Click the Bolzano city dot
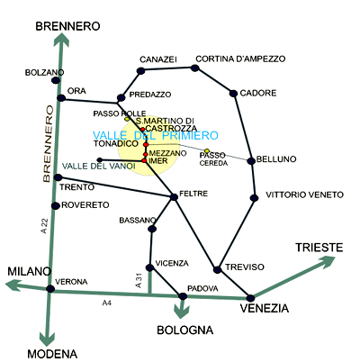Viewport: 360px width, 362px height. (x=56, y=80)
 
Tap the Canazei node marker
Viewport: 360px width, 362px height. (x=140, y=71)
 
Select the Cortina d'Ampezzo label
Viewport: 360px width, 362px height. (x=240, y=59)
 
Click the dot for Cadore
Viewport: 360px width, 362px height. (x=233, y=94)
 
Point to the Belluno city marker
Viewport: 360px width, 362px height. (x=251, y=161)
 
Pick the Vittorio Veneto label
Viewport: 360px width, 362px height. (x=304, y=195)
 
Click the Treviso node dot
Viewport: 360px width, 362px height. (x=217, y=269)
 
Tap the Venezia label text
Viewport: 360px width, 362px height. (x=265, y=308)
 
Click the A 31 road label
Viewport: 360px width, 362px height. (x=139, y=281)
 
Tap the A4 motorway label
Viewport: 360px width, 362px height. (x=107, y=303)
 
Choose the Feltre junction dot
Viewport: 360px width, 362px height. (x=174, y=197)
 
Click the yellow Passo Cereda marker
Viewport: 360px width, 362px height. (x=207, y=150)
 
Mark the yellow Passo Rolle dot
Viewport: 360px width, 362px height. (x=127, y=119)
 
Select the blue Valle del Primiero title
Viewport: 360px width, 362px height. (x=156, y=136)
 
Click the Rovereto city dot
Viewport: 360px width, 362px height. (x=56, y=206)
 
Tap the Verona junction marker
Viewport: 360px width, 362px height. (x=50, y=289)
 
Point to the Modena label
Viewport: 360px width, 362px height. (x=52, y=354)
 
